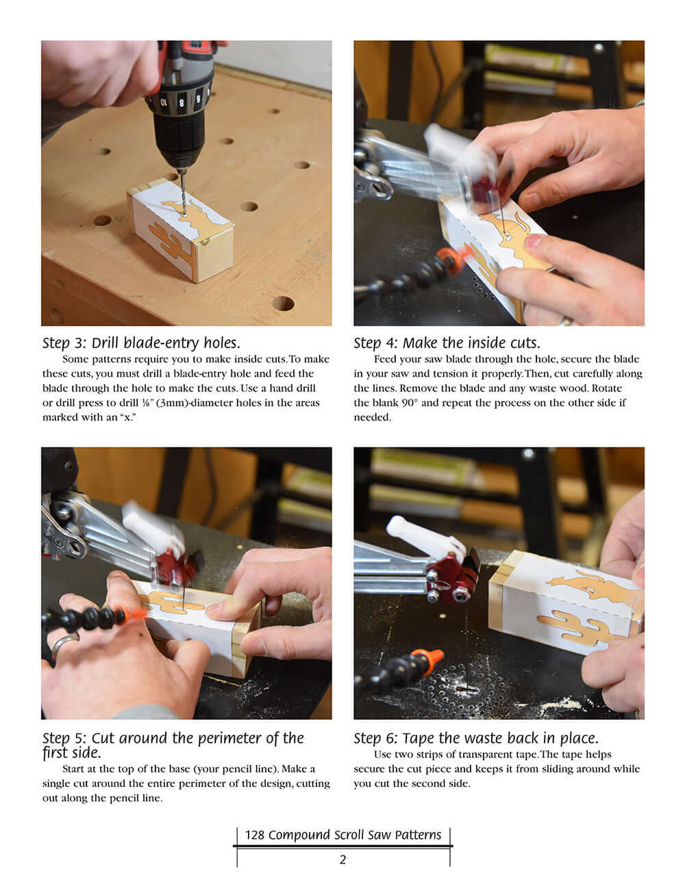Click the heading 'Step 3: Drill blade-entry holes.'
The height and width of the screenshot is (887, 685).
coord(141,343)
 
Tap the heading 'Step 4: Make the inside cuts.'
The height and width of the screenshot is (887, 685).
coord(447,343)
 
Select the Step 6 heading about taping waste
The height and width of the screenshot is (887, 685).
coord(476,738)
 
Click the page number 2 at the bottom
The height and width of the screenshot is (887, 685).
coord(342,860)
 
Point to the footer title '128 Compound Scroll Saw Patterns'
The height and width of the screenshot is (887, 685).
coord(342,835)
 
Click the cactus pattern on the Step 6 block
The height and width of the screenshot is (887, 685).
coord(570,624)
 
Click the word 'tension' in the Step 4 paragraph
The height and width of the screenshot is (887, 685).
coord(562,374)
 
